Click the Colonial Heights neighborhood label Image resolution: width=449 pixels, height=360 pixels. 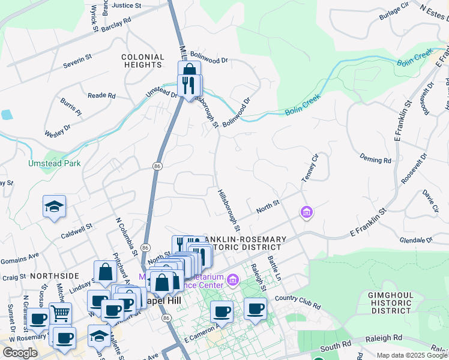pyautogui.click(x=143, y=61)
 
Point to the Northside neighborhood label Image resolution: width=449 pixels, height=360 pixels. pyautogui.click(x=55, y=275)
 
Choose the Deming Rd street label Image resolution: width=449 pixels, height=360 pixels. pyautogui.click(x=375, y=160)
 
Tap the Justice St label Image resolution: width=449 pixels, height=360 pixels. pyautogui.click(x=126, y=5)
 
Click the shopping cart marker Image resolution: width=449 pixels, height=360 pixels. pyautogui.click(x=60, y=312)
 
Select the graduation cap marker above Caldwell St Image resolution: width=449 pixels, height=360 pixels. pyautogui.click(x=54, y=206)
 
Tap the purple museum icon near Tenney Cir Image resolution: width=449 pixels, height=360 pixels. pyautogui.click(x=307, y=212)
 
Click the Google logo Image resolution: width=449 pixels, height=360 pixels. pyautogui.click(x=20, y=353)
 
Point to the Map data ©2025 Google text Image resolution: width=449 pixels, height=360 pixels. pyautogui.click(x=412, y=355)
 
